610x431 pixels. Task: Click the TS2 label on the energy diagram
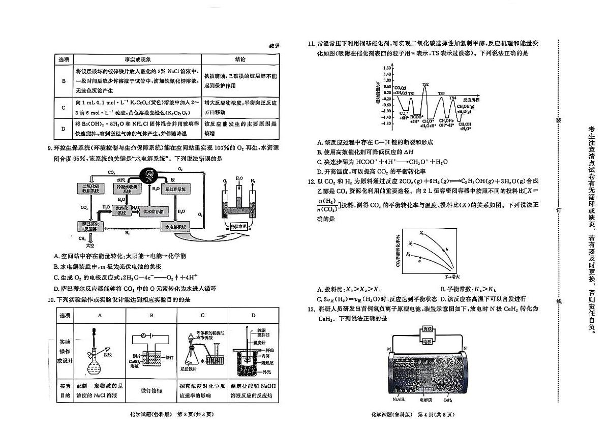point(425,84)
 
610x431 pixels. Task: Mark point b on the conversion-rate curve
point(446,249)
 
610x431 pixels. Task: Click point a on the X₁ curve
point(419,260)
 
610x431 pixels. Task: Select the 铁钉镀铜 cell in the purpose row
point(151,390)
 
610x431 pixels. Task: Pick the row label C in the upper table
point(64,108)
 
